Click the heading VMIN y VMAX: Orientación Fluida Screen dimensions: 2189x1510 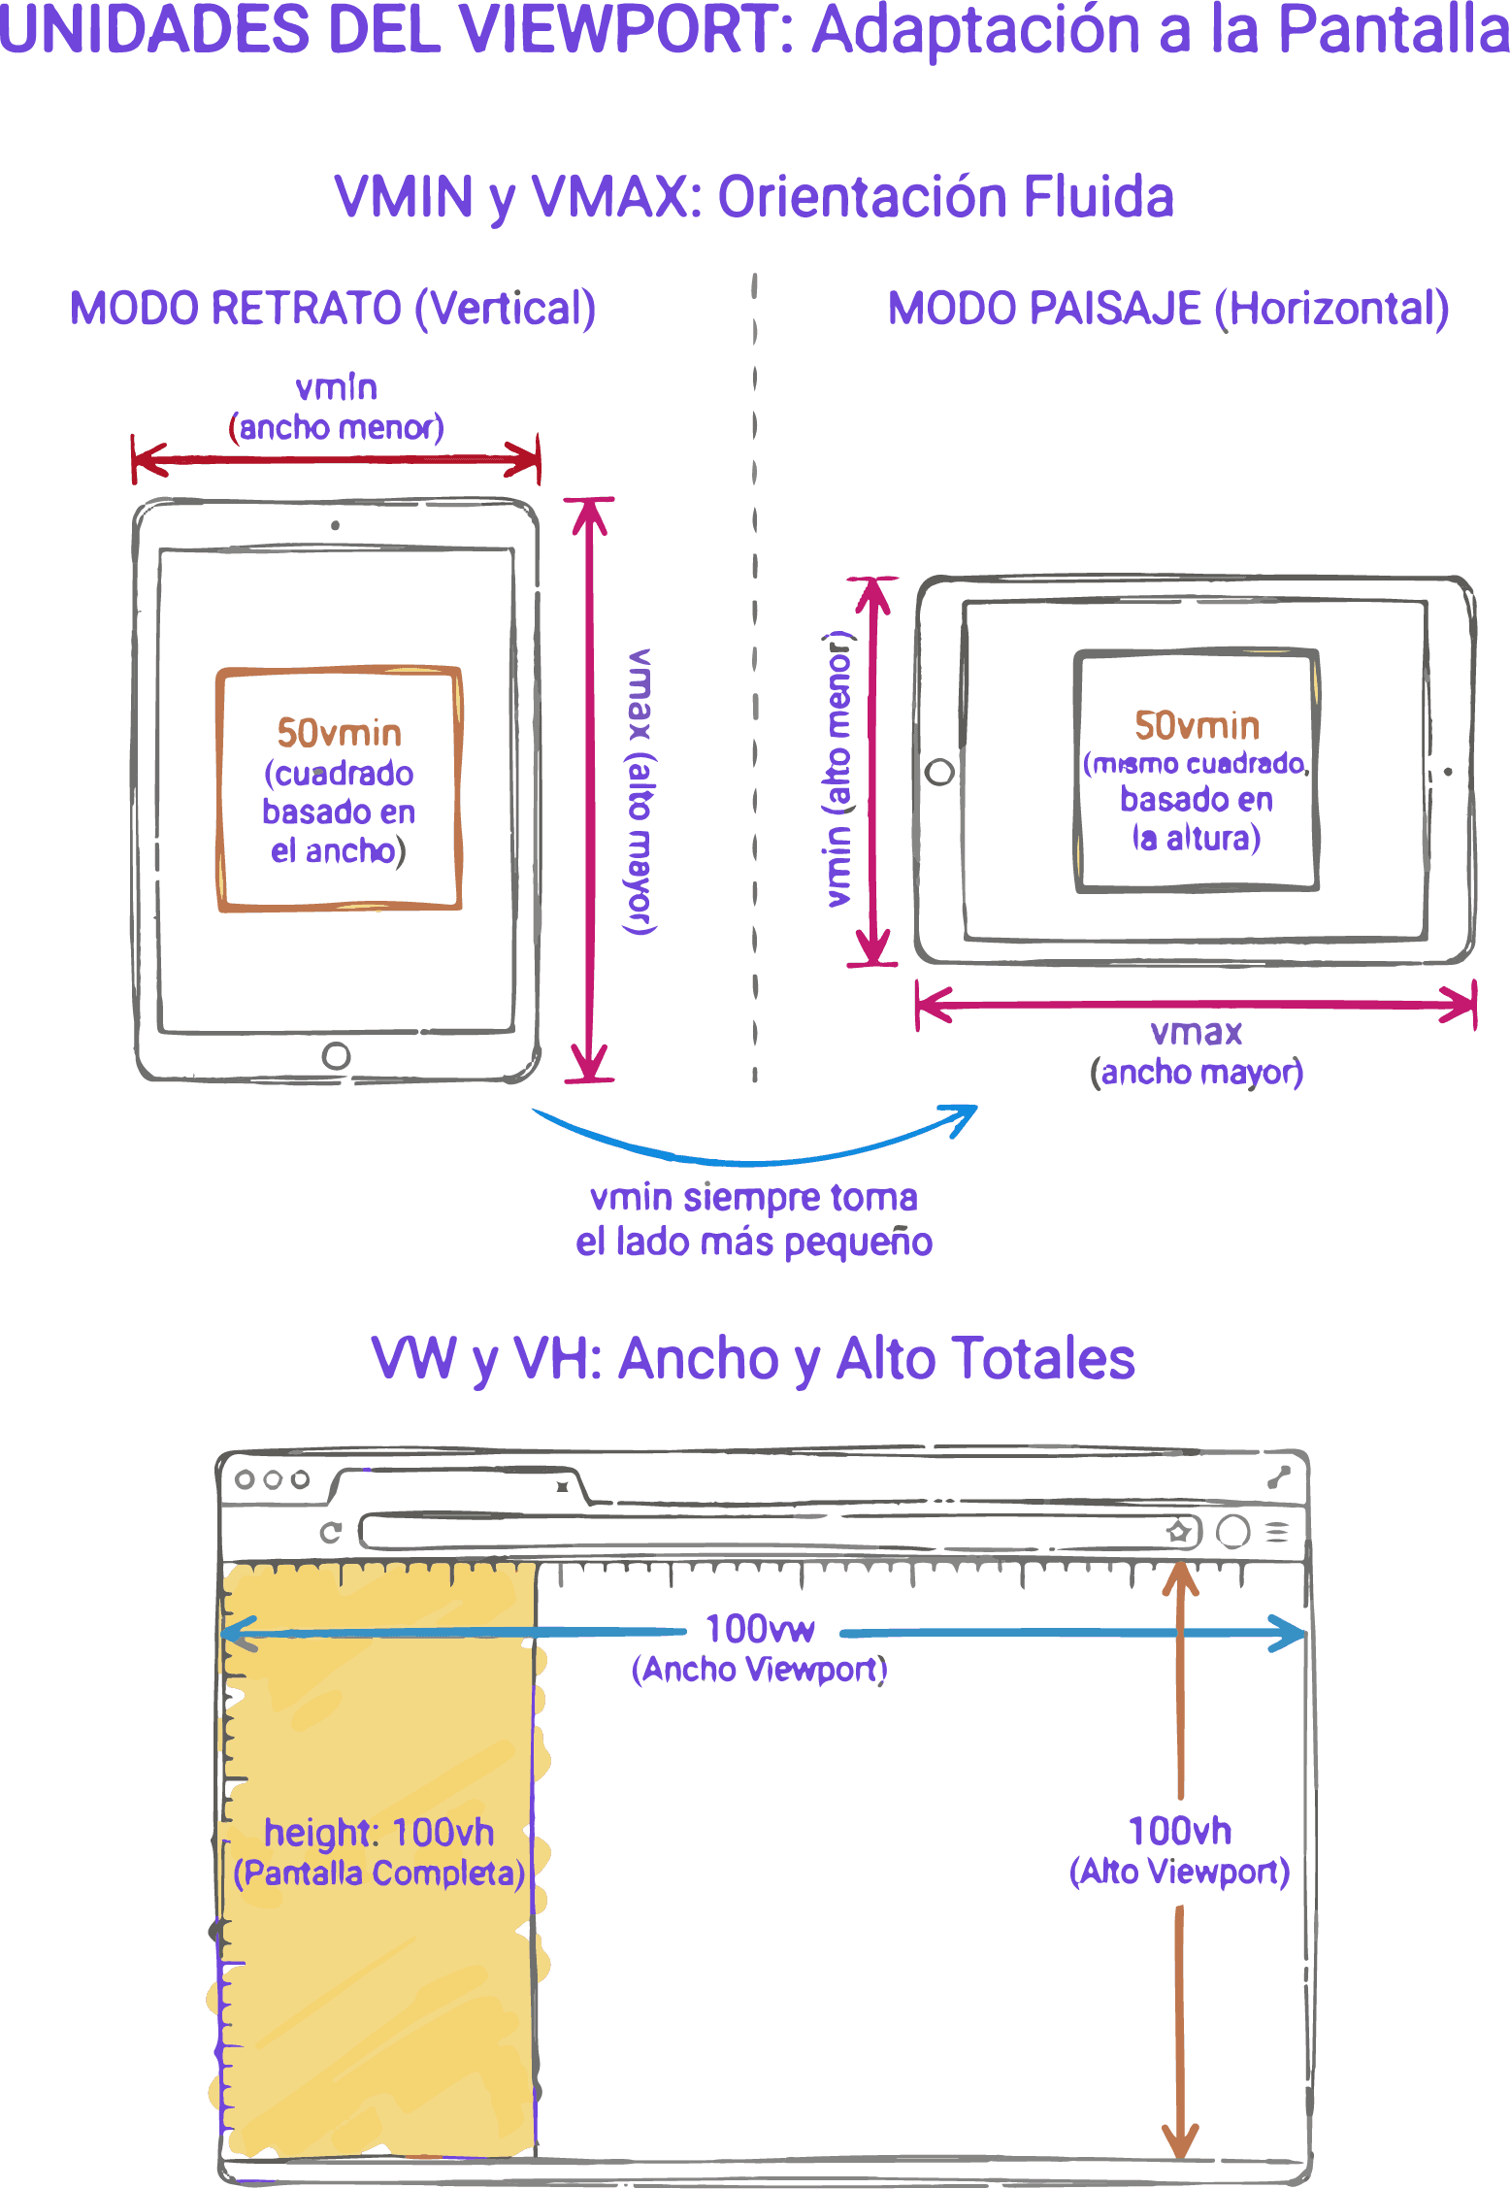(754, 197)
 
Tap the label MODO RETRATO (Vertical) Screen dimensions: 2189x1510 (333, 309)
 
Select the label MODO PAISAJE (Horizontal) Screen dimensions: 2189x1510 (1168, 309)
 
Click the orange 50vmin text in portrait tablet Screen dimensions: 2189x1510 (339, 733)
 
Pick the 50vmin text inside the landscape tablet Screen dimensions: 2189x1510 (1197, 725)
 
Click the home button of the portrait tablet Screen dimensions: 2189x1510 (336, 1055)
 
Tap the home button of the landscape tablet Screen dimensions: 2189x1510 (939, 773)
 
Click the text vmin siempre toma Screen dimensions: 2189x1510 (754, 1198)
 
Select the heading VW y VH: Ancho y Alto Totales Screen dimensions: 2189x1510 (753, 1358)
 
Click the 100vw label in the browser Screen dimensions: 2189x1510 (760, 1629)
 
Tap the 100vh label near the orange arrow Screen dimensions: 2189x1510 (1180, 1831)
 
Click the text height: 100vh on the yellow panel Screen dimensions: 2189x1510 (378, 1832)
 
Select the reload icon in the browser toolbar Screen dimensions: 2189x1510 (331, 1532)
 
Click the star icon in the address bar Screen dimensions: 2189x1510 (1178, 1532)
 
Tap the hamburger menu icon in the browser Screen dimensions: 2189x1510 (1277, 1532)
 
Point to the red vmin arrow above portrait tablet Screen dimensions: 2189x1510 (336, 460)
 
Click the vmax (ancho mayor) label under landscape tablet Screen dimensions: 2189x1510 (1197, 1052)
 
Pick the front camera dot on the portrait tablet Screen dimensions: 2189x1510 (336, 526)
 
